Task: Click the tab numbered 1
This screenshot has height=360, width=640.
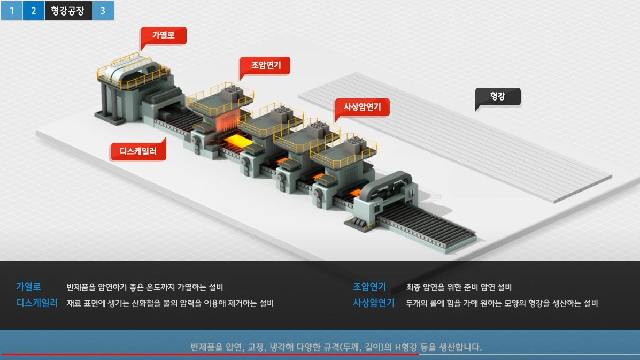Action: click(11, 10)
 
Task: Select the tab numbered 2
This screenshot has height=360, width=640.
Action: click(33, 10)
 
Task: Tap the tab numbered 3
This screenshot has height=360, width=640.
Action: click(103, 10)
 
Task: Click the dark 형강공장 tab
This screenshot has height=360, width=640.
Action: click(68, 10)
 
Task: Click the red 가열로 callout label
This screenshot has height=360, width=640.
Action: click(163, 35)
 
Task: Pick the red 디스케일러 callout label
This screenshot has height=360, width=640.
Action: click(138, 151)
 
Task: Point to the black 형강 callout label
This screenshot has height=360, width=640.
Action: click(497, 97)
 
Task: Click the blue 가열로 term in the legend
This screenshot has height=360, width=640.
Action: click(28, 287)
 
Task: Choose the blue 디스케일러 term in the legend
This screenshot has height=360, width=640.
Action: click(37, 303)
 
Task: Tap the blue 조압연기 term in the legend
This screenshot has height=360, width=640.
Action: click(369, 287)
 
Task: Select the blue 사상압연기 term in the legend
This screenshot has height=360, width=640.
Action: click(374, 303)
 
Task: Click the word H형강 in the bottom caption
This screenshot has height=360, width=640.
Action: click(408, 347)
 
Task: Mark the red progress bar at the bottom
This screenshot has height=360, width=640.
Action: click(209, 354)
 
